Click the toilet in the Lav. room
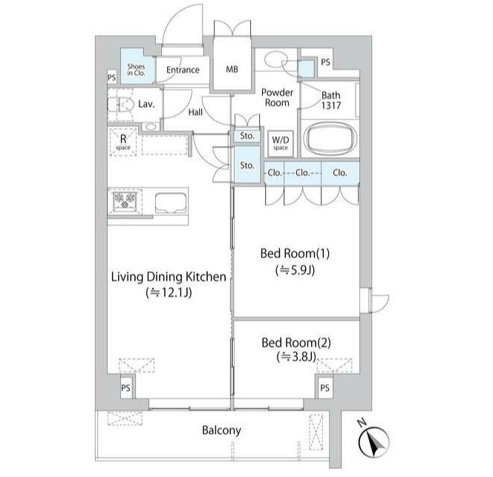point(120,105)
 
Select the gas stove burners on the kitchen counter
point(125,200)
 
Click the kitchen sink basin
point(170,203)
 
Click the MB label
point(232,69)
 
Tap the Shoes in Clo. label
point(136,70)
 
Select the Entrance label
point(183,70)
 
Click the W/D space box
point(281,143)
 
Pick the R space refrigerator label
point(123,142)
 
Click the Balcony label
point(221,430)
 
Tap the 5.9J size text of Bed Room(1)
point(295,270)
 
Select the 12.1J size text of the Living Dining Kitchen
point(169,293)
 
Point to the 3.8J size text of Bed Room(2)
point(296,357)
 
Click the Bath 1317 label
point(330,100)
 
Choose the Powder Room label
point(277,97)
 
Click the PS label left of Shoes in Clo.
point(112,77)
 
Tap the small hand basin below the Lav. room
point(150,127)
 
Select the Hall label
point(195,112)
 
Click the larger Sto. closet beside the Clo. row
point(247,165)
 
